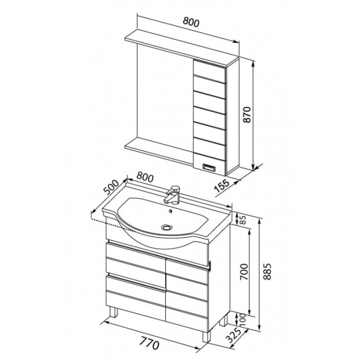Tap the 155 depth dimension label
[222, 186]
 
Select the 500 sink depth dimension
[111, 188]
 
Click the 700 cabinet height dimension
[244, 272]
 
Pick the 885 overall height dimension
[268, 272]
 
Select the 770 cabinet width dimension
[149, 344]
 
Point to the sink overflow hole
[170, 211]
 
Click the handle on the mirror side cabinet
[209, 167]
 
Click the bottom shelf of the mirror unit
[159, 149]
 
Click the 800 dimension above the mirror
[191, 22]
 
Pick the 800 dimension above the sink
[145, 177]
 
